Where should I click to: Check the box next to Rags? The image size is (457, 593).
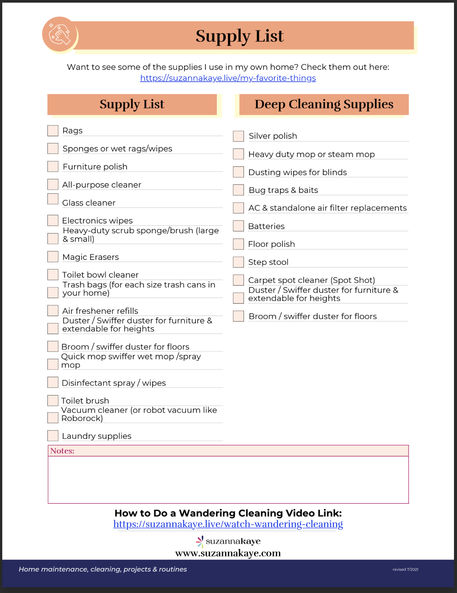coord(53,131)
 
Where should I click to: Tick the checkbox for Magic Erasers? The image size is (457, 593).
coord(53,257)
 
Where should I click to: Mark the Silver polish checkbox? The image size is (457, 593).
coord(238,136)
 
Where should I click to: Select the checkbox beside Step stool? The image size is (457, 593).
coord(238,262)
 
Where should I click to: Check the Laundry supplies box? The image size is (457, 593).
coord(53,436)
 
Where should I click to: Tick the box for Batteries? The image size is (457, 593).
coord(238,226)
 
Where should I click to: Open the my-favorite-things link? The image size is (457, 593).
coord(228,78)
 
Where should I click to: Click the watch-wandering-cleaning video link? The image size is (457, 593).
coord(228,524)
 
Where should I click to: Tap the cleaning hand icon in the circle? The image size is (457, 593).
coord(60,34)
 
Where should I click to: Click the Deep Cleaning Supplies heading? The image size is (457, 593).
coord(324,104)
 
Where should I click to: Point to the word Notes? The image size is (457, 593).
coord(62,451)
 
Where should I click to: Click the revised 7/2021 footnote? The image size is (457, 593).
coord(405,569)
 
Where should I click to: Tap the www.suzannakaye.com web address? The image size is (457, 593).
coord(228,553)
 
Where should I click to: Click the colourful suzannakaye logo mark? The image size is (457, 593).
coord(200,541)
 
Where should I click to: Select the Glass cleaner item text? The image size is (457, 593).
coord(89,203)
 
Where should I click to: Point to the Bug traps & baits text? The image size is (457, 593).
coord(283,190)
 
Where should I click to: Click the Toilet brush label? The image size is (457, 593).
coord(85,401)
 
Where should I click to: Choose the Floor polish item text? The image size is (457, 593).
coord(271,244)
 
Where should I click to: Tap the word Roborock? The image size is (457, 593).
coord(82,418)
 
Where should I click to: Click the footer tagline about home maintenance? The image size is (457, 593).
coord(103,569)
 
